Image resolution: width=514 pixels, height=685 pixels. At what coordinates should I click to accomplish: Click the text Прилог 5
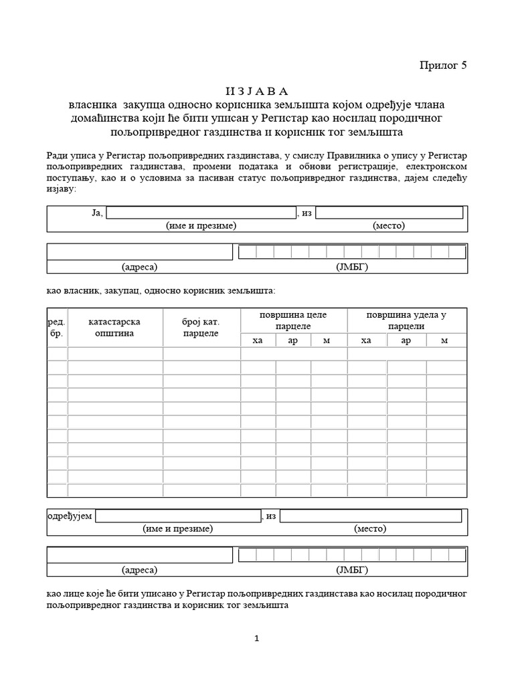[442, 65]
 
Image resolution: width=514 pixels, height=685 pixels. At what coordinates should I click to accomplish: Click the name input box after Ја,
[201, 213]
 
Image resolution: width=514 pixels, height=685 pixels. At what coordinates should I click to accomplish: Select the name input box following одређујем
[178, 516]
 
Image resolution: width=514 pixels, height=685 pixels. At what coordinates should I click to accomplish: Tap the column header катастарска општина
[114, 327]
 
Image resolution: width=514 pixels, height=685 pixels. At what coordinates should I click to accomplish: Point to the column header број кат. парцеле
[201, 327]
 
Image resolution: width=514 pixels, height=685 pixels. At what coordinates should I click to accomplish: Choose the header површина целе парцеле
[294, 320]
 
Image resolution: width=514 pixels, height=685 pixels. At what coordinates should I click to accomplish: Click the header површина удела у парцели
[406, 320]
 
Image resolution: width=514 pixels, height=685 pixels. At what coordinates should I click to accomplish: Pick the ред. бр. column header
[56, 327]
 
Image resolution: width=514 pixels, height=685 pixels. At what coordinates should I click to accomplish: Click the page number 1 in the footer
[257, 638]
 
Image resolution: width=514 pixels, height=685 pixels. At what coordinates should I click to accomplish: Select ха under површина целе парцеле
[258, 340]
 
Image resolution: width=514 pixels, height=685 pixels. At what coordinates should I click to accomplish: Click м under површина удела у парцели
[445, 340]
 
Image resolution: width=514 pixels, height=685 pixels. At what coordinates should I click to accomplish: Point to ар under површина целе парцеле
[293, 340]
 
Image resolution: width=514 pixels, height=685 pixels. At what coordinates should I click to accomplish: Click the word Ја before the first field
[95, 213]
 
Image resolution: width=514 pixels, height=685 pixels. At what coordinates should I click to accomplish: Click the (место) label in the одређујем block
[371, 528]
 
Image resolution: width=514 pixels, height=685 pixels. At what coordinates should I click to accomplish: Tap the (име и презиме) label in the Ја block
[201, 225]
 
